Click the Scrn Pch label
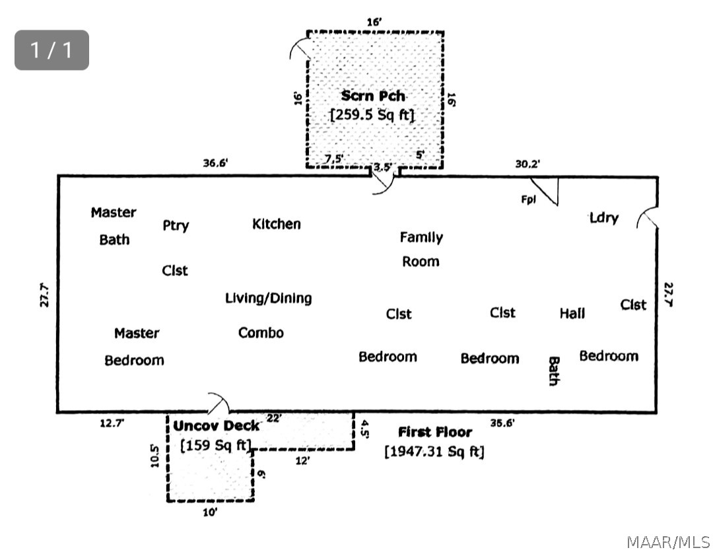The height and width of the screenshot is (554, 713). click(x=373, y=96)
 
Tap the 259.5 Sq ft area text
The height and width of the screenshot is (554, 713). click(x=372, y=114)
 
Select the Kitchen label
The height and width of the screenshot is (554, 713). click(x=277, y=225)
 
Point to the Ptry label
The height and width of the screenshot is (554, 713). click(x=176, y=225)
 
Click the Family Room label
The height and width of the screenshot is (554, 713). click(x=421, y=249)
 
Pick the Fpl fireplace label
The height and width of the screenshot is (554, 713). click(x=528, y=200)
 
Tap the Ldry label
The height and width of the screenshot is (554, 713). click(x=604, y=217)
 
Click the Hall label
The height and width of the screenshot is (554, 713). click(x=572, y=314)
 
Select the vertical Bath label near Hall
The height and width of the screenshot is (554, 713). click(x=553, y=371)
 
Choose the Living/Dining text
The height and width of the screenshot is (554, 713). click(x=268, y=298)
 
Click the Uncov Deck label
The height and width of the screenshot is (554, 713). click(x=217, y=426)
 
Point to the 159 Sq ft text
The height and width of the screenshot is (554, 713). click(x=217, y=446)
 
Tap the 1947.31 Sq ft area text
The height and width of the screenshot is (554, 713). click(x=434, y=452)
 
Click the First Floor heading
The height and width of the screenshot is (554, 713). click(x=435, y=432)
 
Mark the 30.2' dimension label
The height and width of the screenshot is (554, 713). click(x=527, y=164)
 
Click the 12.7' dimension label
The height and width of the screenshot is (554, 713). click(x=112, y=423)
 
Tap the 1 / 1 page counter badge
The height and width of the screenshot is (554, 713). click(x=51, y=50)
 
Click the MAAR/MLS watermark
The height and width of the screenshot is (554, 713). click(x=667, y=542)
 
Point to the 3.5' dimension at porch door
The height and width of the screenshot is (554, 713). click(x=383, y=168)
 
